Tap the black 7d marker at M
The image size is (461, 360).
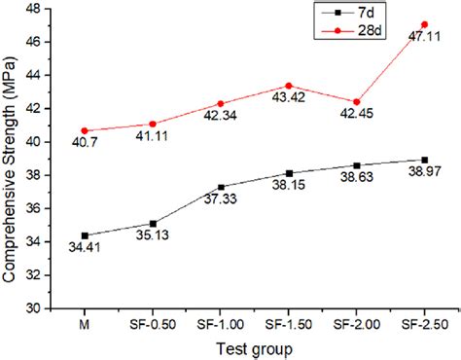pos(85,235)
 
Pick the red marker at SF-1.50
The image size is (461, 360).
pos(289,86)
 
